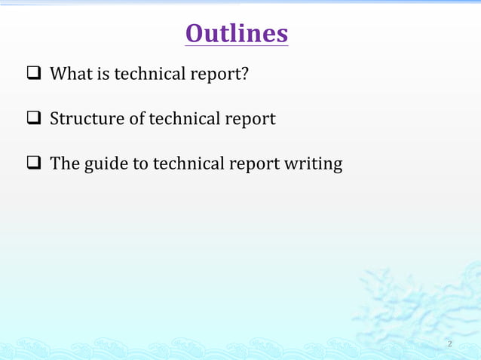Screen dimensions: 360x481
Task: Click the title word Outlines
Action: coord(236,33)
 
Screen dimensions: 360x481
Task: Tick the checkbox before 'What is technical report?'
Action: coord(35,75)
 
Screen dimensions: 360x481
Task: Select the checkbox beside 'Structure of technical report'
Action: coord(35,119)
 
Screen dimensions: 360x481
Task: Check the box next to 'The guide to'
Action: coord(35,163)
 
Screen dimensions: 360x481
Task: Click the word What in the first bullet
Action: coord(72,74)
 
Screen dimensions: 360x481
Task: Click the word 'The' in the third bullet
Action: coord(66,163)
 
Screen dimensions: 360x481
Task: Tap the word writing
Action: coord(314,164)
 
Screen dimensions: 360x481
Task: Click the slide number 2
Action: coord(449,344)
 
